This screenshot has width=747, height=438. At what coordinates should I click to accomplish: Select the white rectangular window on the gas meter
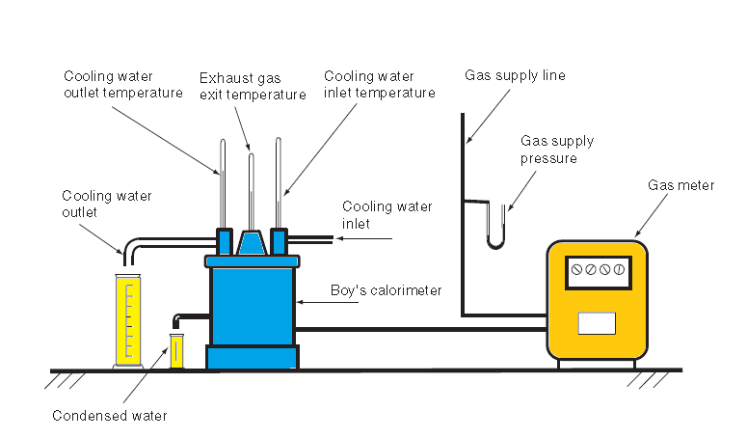click(596, 323)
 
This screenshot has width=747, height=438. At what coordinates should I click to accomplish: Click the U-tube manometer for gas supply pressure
click(494, 227)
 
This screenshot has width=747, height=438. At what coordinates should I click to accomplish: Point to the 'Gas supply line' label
click(515, 75)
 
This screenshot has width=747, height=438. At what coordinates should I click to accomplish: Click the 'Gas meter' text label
click(680, 185)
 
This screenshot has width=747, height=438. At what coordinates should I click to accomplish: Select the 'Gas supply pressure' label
click(556, 150)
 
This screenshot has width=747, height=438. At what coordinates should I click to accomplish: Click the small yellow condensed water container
click(176, 349)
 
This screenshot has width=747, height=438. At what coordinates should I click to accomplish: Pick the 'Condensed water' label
click(110, 416)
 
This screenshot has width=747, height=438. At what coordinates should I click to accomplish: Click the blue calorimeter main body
click(251, 305)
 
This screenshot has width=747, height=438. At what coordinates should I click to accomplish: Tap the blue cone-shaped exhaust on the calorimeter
click(251, 243)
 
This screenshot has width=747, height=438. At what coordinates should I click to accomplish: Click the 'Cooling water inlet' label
click(387, 215)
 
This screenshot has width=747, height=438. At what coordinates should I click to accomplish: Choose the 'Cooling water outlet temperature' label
click(122, 84)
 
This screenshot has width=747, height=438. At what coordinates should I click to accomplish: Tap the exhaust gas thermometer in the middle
click(251, 188)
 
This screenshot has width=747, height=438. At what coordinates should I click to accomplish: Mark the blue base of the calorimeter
click(251, 358)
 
